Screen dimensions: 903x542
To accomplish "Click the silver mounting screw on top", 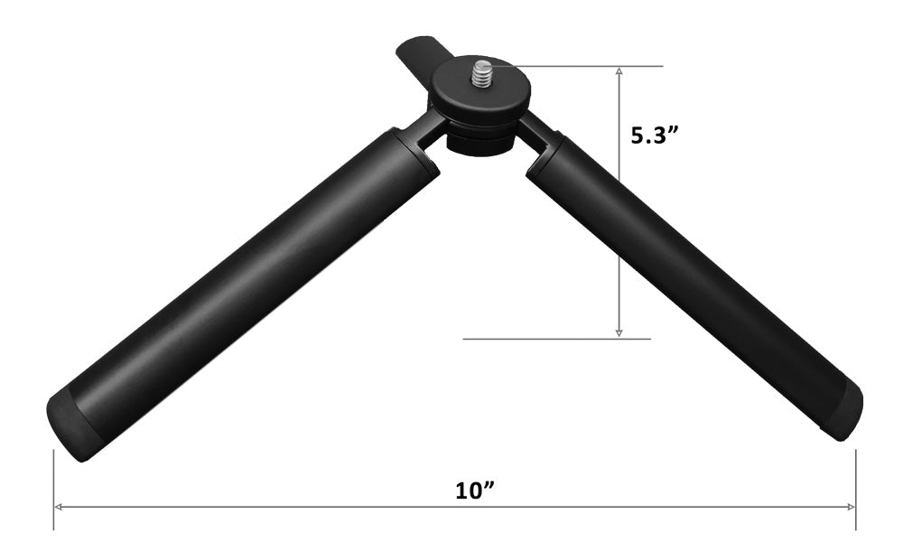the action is point(482,73).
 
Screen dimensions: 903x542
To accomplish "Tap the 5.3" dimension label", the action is point(655,135).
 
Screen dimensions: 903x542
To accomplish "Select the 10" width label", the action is point(475,491).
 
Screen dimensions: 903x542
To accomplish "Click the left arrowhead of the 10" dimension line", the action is point(58,507).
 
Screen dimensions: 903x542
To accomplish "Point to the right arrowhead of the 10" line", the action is point(851,507).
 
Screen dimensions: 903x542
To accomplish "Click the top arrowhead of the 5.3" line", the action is point(619,71).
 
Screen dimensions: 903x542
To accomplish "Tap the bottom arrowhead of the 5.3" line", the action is point(619,332).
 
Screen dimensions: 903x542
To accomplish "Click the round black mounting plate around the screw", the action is point(481,92).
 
